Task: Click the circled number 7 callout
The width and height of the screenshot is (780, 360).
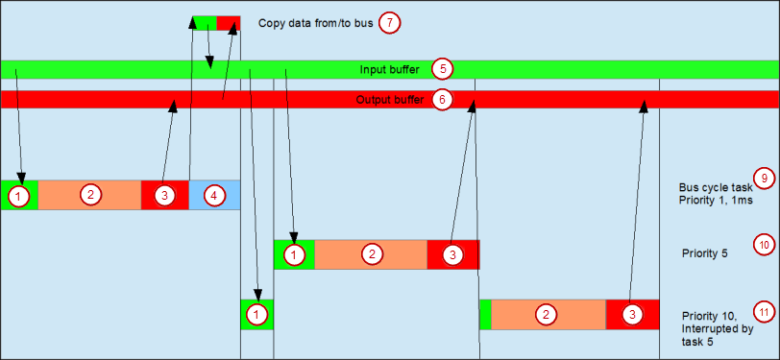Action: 388,22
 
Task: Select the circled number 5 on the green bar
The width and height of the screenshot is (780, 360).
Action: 441,69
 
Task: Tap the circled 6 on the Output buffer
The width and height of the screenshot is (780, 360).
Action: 441,99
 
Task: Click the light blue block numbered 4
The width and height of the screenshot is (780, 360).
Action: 214,195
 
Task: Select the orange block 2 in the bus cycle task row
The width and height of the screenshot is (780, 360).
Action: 89,195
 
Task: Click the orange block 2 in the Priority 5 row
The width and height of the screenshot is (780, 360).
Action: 371,254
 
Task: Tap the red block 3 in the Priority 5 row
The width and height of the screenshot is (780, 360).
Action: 452,254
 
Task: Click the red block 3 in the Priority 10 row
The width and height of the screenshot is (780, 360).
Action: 632,314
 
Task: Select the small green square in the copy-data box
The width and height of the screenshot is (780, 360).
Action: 205,23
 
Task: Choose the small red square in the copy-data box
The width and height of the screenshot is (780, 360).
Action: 228,23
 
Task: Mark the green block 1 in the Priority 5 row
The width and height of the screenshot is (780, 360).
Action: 294,254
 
